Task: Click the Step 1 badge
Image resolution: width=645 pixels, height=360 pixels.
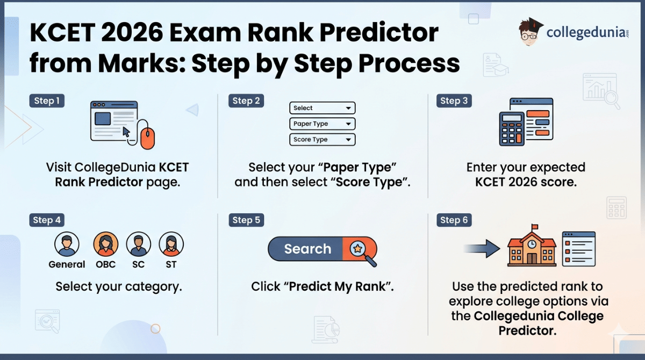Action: coord(47,100)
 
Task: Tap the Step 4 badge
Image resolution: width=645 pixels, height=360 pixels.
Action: coord(47,220)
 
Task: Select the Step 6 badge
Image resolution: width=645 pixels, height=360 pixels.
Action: coord(454,220)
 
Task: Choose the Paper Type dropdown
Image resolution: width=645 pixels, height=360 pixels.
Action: coord(322,124)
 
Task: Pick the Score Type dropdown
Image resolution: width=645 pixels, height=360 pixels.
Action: coord(322,139)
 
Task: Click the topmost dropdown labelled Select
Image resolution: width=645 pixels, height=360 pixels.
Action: coord(322,108)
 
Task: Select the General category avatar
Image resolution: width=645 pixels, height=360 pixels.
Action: coord(67,245)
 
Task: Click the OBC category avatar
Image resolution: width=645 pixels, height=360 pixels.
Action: coord(106,245)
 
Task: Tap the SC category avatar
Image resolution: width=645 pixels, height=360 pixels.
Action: coord(139,245)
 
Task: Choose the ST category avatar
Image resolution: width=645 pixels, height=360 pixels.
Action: coord(171,245)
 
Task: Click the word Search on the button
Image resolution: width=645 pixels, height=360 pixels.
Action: coord(307,249)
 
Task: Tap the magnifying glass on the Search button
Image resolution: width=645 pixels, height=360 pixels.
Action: coord(359,249)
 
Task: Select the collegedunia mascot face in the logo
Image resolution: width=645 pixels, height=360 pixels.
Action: coord(529,32)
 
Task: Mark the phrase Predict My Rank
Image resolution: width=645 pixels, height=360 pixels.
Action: coord(337,286)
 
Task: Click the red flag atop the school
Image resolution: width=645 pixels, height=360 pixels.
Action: coord(535,227)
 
